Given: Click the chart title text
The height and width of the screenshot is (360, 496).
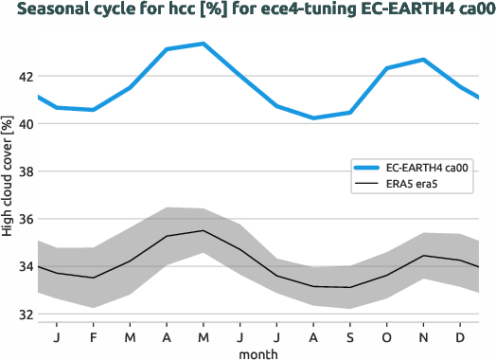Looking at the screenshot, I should (248, 10).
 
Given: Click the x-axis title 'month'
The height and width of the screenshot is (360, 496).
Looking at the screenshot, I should (257, 352).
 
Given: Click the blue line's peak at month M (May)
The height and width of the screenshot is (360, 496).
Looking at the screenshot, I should (204, 44).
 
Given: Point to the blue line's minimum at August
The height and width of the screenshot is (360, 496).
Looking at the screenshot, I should (313, 117).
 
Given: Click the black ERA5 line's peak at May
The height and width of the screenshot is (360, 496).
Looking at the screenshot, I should (204, 230).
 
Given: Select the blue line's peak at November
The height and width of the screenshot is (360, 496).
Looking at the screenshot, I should (423, 60).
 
